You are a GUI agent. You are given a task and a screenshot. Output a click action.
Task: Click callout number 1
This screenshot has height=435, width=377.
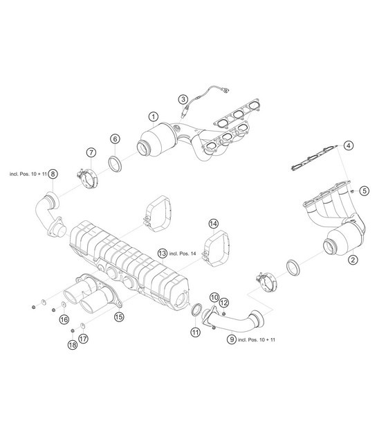pos(153,117)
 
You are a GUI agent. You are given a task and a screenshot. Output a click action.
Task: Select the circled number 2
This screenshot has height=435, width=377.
pos(352,260)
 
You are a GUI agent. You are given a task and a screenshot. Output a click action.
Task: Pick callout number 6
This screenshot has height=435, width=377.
pos(114,139)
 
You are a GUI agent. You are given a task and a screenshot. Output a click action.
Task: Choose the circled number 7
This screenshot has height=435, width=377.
pos(91,153)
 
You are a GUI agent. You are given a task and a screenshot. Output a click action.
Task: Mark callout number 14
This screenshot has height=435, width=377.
pos(214,224)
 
